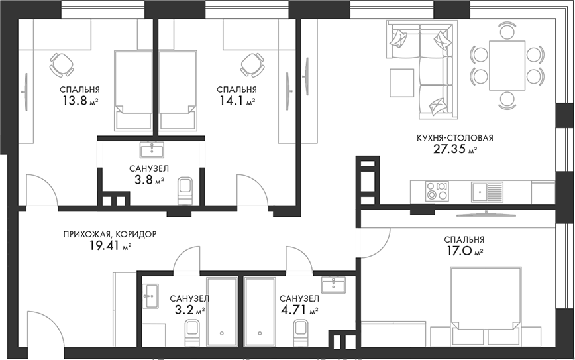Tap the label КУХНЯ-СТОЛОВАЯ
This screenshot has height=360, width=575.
[454, 138]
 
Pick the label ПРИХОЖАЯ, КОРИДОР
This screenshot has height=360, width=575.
[110, 235]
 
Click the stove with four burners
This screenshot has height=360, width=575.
[437, 191]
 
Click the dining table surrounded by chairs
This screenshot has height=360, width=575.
[507, 65]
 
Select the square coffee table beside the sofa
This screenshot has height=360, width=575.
[402, 82]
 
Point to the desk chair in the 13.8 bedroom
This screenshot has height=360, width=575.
[62, 64]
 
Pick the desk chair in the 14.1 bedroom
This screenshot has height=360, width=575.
[253, 64]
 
